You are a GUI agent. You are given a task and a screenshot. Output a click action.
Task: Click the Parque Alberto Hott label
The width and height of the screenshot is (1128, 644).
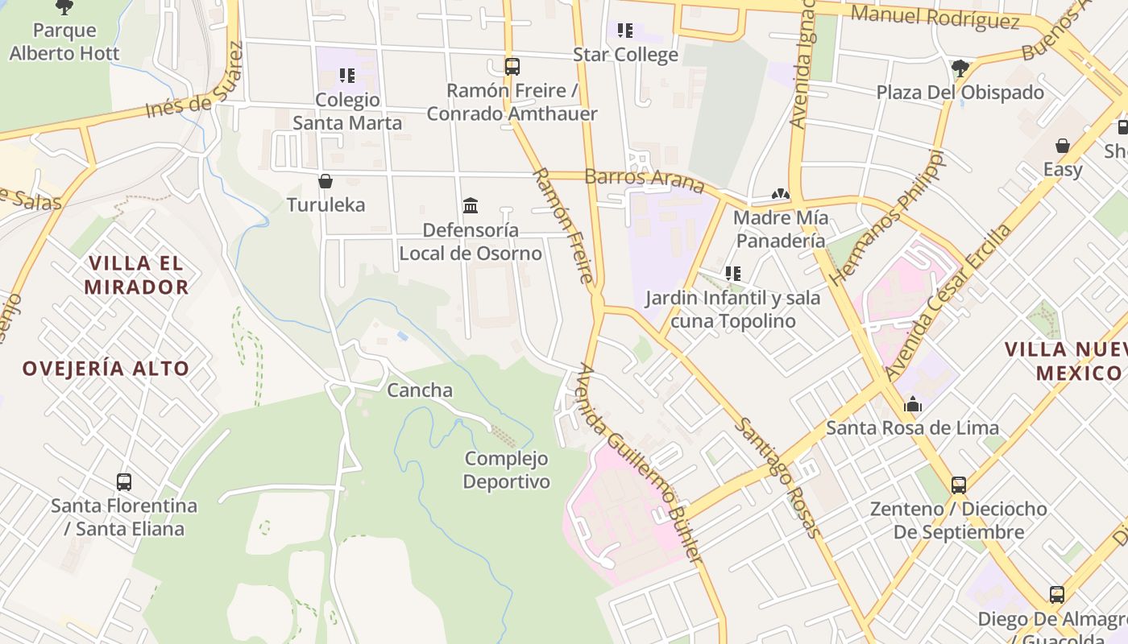(x=64, y=42)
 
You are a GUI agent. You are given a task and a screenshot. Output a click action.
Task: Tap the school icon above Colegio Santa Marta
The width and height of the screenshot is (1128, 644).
(x=347, y=76)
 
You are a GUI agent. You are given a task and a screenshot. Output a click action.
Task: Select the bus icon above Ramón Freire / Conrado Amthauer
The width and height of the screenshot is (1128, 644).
(x=512, y=67)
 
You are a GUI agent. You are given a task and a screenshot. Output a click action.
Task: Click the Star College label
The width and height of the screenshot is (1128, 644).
(x=625, y=55)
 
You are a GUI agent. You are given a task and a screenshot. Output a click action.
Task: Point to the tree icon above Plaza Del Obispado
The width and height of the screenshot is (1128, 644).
(x=960, y=68)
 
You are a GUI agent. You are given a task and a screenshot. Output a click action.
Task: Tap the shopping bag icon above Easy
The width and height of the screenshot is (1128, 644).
(x=1063, y=146)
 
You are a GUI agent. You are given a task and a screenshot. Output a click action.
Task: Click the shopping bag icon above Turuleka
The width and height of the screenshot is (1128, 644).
(x=326, y=181)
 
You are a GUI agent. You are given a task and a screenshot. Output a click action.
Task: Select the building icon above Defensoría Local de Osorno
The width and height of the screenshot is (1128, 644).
(x=471, y=206)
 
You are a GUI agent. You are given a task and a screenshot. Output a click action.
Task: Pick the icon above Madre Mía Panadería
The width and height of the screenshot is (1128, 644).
(x=779, y=194)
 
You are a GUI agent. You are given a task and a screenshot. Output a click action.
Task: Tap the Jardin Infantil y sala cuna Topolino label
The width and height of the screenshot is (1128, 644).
(x=732, y=309)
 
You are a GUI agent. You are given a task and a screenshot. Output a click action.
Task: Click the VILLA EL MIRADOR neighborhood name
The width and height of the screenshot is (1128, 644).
(x=136, y=275)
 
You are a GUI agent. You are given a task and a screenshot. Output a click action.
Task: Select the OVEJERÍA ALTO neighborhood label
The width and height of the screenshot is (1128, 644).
(x=106, y=369)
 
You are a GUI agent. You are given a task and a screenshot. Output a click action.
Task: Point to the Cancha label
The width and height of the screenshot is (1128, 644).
(x=420, y=390)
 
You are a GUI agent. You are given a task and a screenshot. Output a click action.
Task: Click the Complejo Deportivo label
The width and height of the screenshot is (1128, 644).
(x=507, y=470)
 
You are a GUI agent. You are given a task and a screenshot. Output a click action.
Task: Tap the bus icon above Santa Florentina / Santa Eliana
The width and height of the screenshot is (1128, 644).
(x=124, y=482)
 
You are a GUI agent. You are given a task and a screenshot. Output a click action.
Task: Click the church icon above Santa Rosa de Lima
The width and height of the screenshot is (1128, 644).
(x=913, y=404)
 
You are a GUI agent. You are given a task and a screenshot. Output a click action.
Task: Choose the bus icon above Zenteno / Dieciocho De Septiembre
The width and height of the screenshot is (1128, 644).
(x=959, y=485)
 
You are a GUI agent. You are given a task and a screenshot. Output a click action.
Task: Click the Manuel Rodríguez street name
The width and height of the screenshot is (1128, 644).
(x=935, y=17)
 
